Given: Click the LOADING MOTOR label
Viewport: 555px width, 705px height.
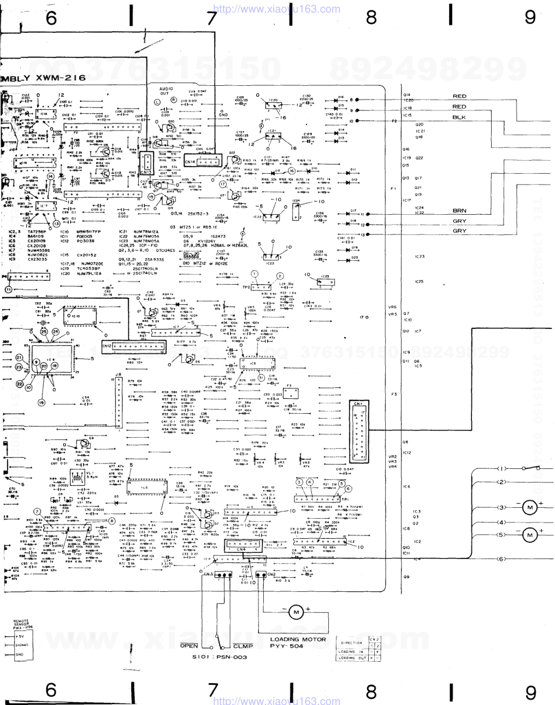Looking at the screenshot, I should point(298,639).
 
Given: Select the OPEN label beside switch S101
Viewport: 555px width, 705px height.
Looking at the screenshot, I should point(190,645).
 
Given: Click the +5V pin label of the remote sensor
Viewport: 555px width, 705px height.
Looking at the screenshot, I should point(20,637).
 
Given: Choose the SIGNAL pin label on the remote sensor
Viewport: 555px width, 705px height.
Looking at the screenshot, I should point(21,645).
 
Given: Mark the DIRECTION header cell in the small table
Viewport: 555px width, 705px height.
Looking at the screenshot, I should point(351,643).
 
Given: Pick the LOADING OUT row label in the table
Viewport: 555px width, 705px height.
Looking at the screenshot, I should point(352,658).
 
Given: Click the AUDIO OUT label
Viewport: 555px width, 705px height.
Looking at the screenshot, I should point(166,91).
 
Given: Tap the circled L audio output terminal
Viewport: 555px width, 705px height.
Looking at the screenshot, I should point(157,102).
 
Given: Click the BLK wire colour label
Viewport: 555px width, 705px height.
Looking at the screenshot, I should point(459,117).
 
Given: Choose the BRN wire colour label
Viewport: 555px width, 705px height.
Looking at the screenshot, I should point(459,210).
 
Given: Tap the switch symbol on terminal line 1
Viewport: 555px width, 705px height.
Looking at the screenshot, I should point(531,468).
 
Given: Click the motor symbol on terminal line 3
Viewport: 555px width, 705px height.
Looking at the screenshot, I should point(529,508).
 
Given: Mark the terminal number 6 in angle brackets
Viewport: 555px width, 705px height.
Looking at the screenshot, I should point(501,559).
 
